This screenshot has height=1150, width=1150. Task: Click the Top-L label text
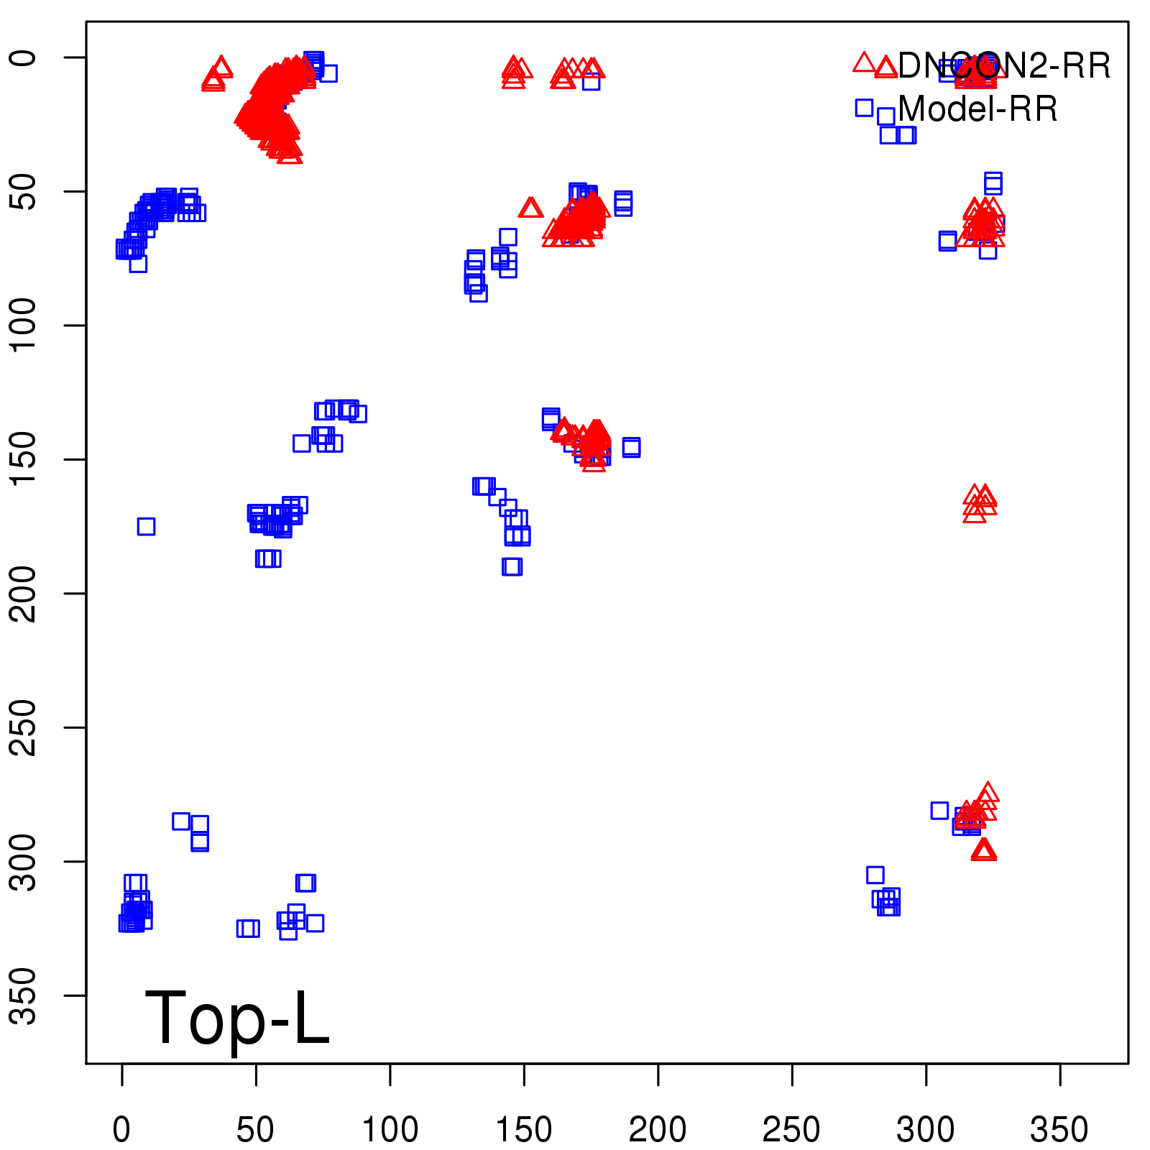237,1018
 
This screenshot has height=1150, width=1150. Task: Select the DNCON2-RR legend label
1003,66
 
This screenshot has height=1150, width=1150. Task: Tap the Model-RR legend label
977,109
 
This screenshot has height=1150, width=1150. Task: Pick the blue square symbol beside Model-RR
864,108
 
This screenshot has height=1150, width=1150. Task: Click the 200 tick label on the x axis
658,1130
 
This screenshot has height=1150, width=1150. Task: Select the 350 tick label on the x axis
1059,1130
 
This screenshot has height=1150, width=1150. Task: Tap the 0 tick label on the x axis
122,1130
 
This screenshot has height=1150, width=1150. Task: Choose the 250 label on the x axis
791,1130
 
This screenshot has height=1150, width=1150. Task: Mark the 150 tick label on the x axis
524,1130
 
